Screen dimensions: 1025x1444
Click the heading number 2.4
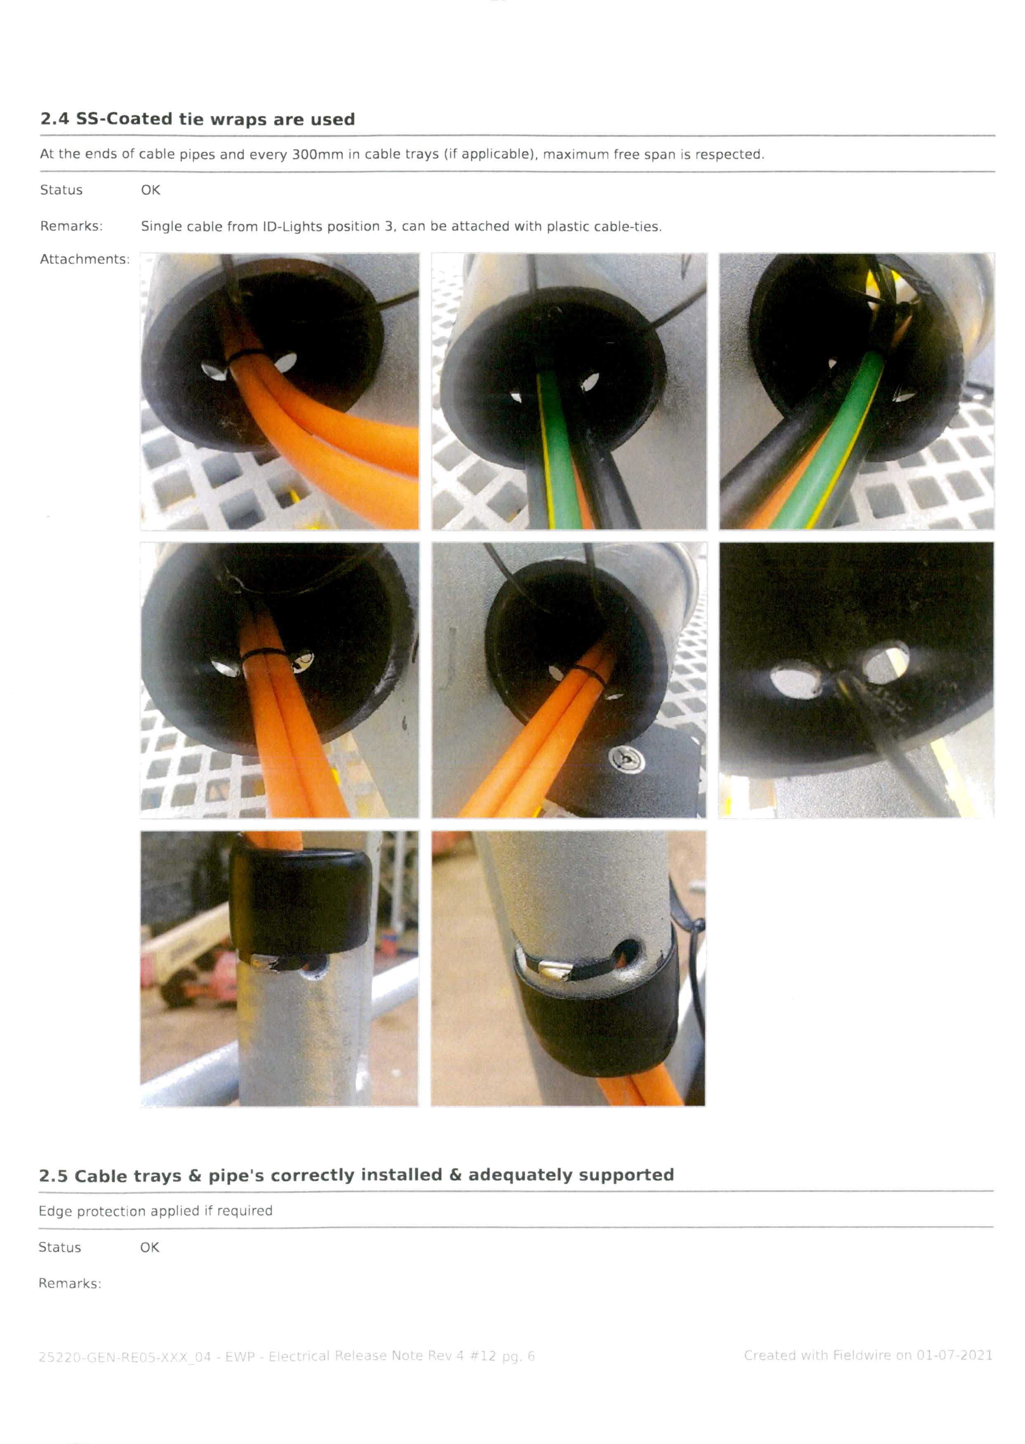click(x=54, y=119)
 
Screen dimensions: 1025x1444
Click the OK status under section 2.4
click(x=150, y=190)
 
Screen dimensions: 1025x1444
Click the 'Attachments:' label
click(x=85, y=259)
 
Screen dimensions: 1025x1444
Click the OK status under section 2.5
click(x=150, y=1247)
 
